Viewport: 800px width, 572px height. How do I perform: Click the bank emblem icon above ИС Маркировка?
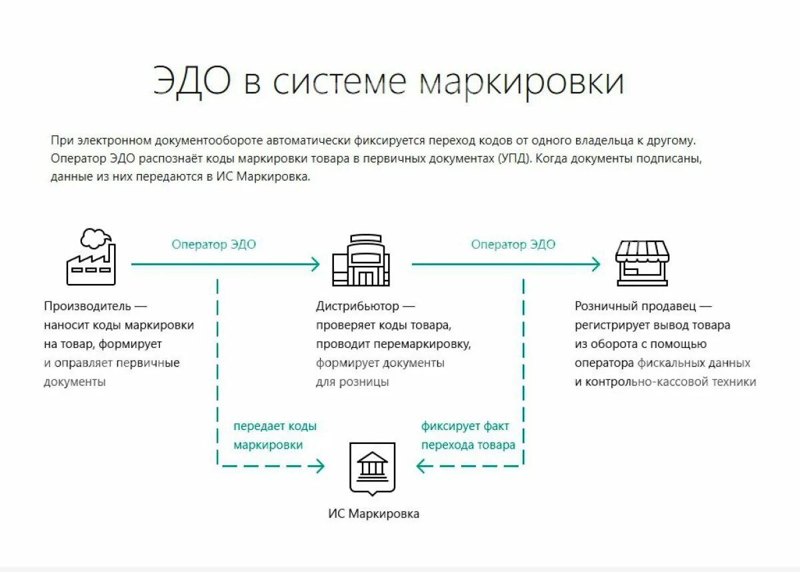(x=373, y=467)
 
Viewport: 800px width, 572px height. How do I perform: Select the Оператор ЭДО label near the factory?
(x=213, y=245)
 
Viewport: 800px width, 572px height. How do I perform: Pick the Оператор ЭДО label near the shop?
(x=513, y=245)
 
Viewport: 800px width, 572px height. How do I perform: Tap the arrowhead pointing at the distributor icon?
(x=315, y=264)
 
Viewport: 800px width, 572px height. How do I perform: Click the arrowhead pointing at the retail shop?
(x=595, y=264)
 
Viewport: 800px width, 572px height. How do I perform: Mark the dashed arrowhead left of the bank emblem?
(x=319, y=466)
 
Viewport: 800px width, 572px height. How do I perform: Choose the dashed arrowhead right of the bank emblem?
(x=421, y=466)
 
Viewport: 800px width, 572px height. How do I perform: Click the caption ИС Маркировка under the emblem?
(x=373, y=514)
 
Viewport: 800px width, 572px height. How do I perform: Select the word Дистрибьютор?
(x=358, y=306)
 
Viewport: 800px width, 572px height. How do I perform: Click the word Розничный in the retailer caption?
(x=601, y=306)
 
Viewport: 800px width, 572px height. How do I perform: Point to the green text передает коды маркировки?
(x=274, y=435)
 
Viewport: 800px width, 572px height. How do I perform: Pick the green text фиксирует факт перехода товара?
(x=468, y=435)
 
